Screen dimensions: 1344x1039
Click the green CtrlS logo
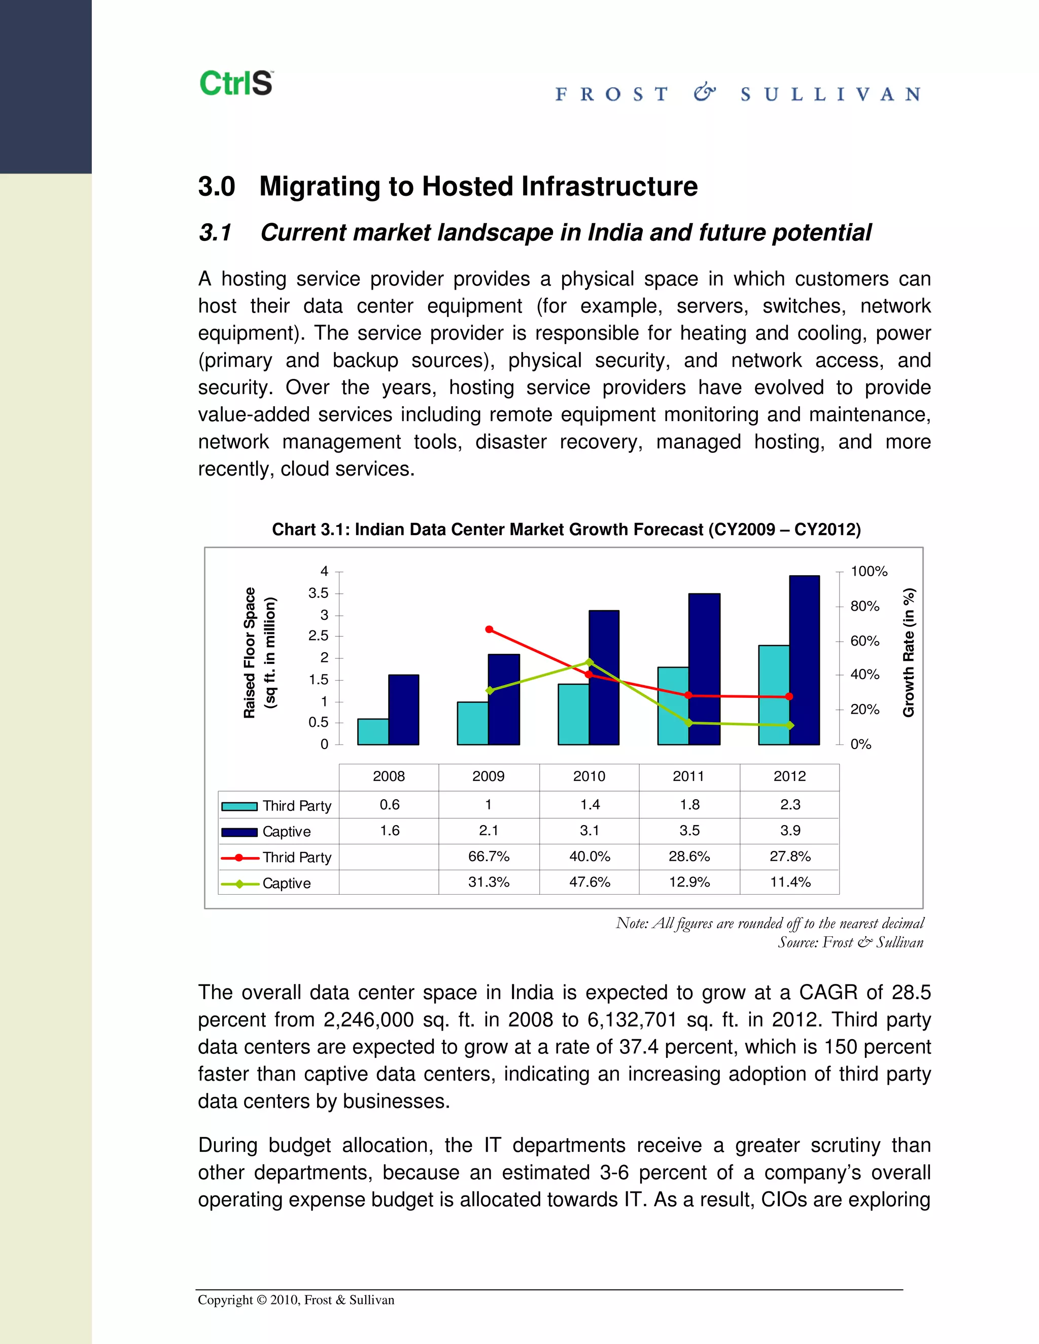236,84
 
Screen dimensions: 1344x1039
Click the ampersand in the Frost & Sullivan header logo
704,93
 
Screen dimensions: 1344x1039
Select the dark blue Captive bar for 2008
404,710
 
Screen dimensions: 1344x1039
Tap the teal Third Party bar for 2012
774,695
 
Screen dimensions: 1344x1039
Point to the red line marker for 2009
490,629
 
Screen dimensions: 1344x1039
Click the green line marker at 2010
589,662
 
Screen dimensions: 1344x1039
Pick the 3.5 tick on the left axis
318,593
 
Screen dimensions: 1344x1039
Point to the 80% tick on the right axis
865,606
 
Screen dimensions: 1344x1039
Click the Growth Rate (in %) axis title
909,653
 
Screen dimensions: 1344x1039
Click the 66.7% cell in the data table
489,856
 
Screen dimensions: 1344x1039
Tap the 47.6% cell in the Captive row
590,882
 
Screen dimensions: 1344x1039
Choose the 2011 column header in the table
689,776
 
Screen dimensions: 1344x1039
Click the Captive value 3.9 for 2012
790,830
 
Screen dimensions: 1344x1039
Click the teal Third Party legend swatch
239,806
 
